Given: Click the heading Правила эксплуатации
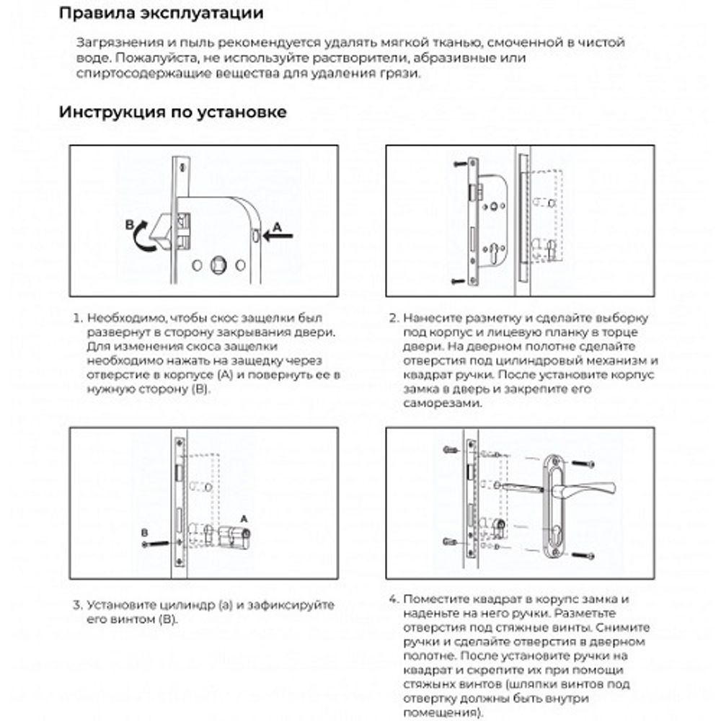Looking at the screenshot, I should click(x=161, y=14).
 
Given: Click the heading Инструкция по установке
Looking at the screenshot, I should click(x=173, y=112).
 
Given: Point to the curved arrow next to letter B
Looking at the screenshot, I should click(x=146, y=234).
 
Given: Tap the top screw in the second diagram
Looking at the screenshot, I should click(x=459, y=165).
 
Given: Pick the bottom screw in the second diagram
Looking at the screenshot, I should click(x=459, y=280).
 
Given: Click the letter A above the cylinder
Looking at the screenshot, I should click(x=243, y=518).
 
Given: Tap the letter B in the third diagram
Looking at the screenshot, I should click(x=145, y=532).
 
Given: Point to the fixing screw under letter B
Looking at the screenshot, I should click(x=156, y=543).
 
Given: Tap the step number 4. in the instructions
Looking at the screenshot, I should click(x=393, y=599).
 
